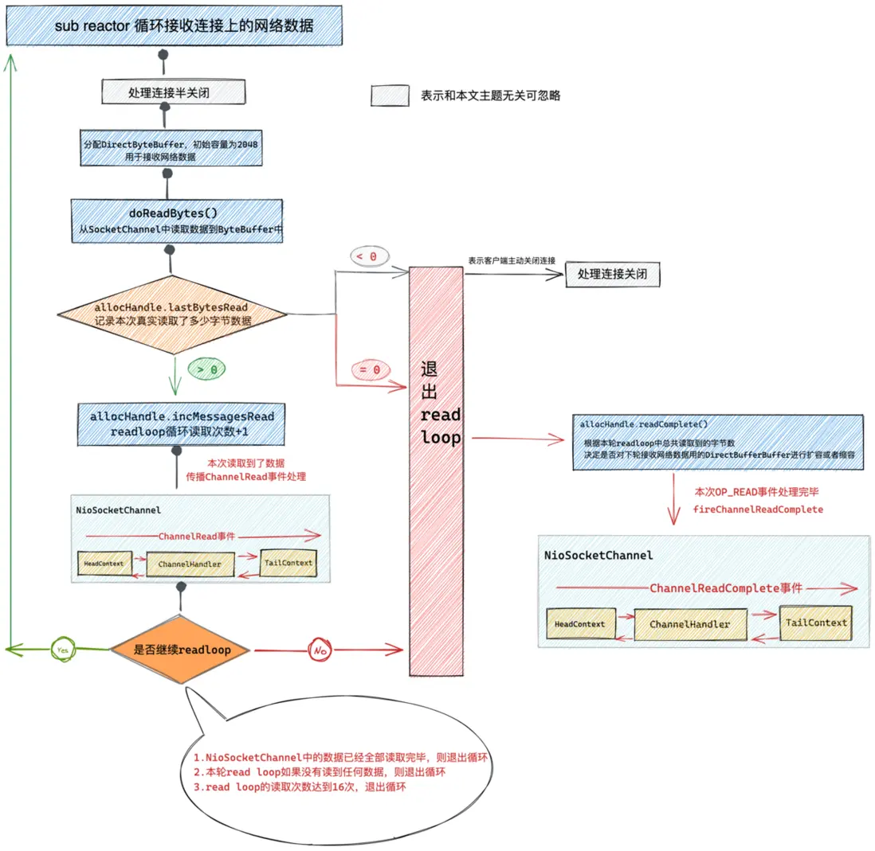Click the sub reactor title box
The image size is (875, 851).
pos(173,25)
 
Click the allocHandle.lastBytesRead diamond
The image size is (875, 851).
pos(171,313)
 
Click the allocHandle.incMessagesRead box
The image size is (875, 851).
pos(182,424)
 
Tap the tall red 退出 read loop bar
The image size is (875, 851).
pos(435,470)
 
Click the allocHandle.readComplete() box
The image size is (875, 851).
pos(716,443)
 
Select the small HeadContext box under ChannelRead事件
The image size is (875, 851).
pos(104,564)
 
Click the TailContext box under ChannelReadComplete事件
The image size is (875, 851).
pos(814,623)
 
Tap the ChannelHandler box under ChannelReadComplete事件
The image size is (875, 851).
pos(689,625)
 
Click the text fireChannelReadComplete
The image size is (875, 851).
pos(757,509)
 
